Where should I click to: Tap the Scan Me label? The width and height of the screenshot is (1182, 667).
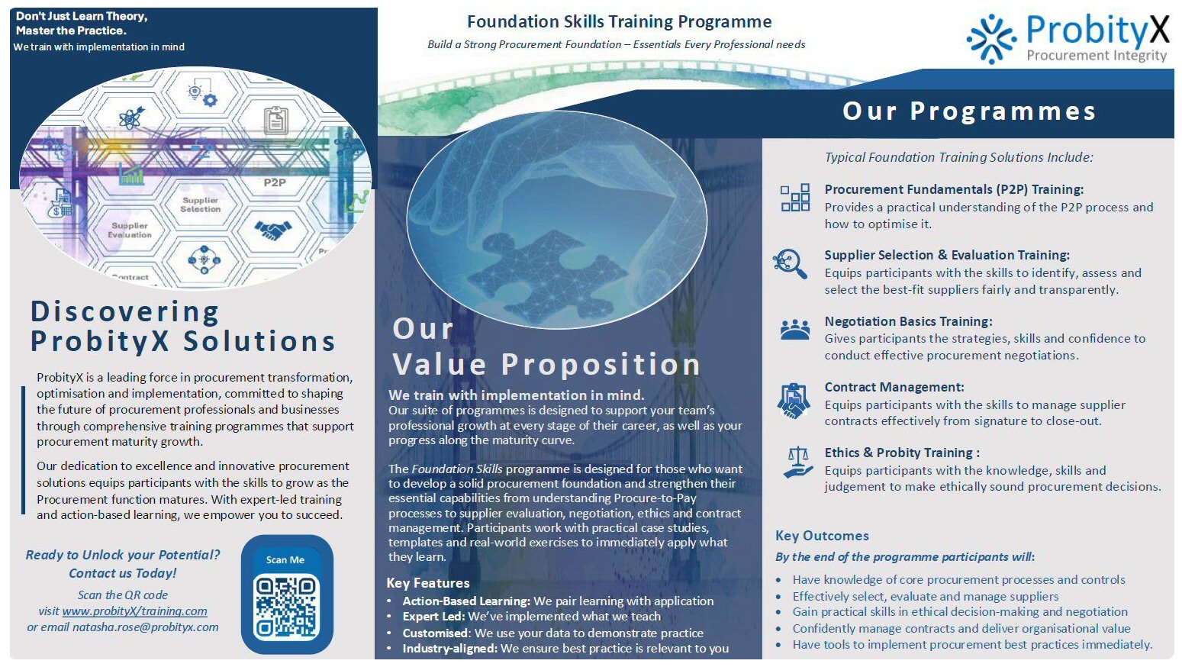pyautogui.click(x=285, y=560)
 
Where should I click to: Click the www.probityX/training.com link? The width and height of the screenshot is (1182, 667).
pyautogui.click(x=134, y=611)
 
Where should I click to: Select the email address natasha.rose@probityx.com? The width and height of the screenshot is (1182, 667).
pyautogui.click(x=145, y=627)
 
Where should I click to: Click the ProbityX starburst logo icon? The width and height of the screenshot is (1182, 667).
pyautogui.click(x=991, y=39)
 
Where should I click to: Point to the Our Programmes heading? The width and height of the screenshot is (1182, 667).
pyautogui.click(x=969, y=111)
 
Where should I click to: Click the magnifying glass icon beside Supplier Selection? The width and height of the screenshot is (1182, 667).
pyautogui.click(x=790, y=263)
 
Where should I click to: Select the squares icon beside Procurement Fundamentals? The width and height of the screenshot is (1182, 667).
pyautogui.click(x=795, y=198)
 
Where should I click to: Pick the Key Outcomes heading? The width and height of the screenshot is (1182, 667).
pyautogui.click(x=822, y=536)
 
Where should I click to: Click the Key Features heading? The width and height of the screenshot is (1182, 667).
pyautogui.click(x=428, y=582)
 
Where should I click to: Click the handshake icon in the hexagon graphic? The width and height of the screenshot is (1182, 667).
pyautogui.click(x=273, y=230)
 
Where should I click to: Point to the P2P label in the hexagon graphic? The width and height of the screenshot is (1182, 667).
pyautogui.click(x=275, y=182)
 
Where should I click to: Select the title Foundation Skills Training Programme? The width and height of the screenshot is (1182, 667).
pyautogui.click(x=619, y=21)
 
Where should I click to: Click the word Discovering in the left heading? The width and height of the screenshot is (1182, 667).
pyautogui.click(x=124, y=311)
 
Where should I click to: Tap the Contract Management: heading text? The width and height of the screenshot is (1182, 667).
pyautogui.click(x=894, y=387)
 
